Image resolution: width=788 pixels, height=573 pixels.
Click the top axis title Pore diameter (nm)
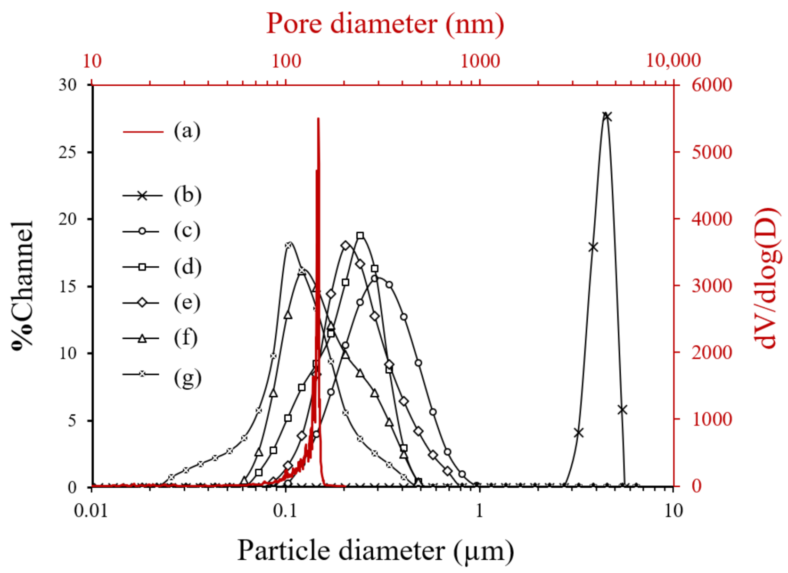385,24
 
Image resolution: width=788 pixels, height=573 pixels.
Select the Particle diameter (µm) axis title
375,550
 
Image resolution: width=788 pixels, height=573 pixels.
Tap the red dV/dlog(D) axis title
767,278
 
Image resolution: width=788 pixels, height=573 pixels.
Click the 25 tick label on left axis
67,152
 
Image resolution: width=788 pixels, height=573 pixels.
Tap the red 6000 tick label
712,85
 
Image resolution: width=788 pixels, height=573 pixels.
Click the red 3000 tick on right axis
712,286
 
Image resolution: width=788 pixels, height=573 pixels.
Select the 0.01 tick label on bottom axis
91,511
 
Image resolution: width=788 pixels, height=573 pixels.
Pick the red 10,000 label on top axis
673,61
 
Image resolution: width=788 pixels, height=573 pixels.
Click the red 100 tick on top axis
286,61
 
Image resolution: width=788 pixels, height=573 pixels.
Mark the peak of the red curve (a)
319,119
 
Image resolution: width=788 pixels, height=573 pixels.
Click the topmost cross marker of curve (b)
607,116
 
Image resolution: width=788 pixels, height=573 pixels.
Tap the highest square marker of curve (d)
360,236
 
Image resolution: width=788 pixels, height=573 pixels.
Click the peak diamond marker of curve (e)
345,246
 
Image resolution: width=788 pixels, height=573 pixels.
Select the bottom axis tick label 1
479,511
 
